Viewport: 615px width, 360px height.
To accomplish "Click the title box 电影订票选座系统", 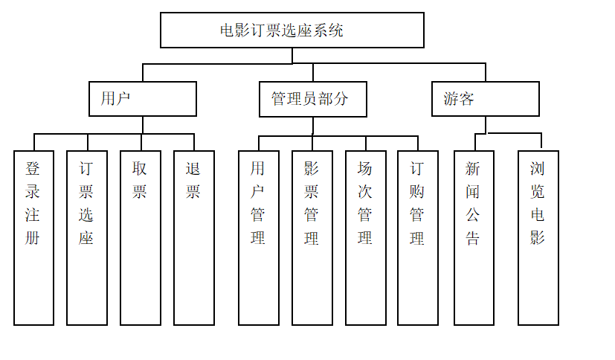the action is coord(292,30).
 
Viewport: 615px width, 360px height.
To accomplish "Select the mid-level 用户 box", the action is coord(142,99).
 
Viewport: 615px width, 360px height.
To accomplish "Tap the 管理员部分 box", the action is coord(312,99).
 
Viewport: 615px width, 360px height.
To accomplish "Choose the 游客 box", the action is coord(485,99).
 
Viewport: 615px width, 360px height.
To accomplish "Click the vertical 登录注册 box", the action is coord(33,238).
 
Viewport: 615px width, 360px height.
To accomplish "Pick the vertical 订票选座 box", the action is coord(86,238).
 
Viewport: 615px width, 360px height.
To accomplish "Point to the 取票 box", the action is coord(140,238).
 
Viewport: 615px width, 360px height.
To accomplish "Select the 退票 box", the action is coord(193,238).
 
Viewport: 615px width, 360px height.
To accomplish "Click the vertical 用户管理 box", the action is coord(258,238).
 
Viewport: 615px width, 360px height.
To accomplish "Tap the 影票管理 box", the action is coord(312,238).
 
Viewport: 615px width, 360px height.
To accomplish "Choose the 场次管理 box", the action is coord(365,238).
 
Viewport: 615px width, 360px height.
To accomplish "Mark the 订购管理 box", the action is coord(417,238).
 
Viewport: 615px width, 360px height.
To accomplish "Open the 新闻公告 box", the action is coord(474,238).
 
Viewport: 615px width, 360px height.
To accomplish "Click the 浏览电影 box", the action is coord(538,238).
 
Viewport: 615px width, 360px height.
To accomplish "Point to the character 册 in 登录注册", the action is coord(33,239).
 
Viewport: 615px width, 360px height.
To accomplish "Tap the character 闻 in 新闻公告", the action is coord(473,192).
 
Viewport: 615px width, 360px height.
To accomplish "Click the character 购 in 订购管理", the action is coord(417,192).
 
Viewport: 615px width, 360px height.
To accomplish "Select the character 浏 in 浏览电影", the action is coord(538,168).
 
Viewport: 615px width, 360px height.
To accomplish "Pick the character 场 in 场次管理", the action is coord(365,168).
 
